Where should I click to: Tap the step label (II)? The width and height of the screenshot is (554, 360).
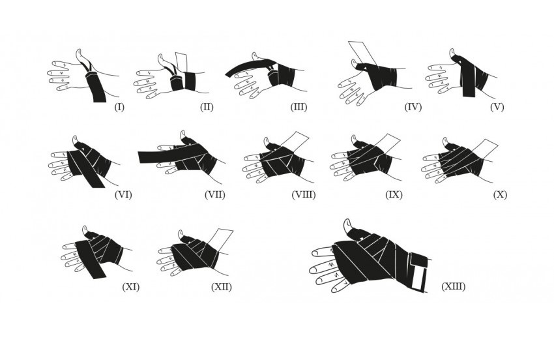[x=207, y=106]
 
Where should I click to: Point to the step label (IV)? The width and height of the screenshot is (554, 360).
[x=413, y=106]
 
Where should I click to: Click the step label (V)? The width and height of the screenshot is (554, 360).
[x=497, y=106]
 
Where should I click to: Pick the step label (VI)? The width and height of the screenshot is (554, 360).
[x=123, y=194]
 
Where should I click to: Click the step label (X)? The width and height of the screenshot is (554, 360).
[x=500, y=194]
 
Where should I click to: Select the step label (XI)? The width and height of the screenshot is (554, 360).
[x=130, y=286]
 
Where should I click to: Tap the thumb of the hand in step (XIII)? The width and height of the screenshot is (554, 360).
[x=351, y=228]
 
